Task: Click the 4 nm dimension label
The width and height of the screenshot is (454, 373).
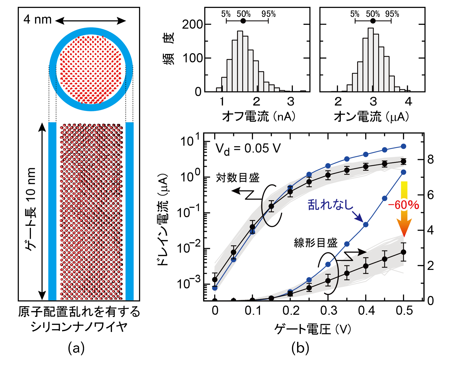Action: [38, 19]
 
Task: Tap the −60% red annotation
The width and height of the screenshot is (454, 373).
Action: [404, 205]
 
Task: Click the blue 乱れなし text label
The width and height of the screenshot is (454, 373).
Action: [330, 205]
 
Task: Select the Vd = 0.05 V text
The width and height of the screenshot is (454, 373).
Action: [248, 149]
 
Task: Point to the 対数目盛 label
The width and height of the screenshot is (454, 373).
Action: [238, 178]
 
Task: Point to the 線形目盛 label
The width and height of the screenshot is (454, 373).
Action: [316, 243]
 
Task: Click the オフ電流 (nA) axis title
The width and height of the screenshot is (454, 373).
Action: [259, 117]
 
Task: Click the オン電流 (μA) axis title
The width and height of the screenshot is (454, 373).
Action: [372, 117]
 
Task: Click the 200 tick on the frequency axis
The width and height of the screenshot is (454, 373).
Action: [192, 25]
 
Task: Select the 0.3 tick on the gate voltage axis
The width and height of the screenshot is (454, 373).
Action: [329, 311]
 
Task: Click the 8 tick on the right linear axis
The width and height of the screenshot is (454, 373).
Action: [430, 160]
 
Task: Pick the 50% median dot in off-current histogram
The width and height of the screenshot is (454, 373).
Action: [243, 21]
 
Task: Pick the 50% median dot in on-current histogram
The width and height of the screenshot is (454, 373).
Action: [373, 21]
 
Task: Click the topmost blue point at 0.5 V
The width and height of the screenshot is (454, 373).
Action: [404, 146]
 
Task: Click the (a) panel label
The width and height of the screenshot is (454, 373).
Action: [76, 348]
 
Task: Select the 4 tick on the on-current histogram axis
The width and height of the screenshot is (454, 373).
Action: [408, 102]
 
